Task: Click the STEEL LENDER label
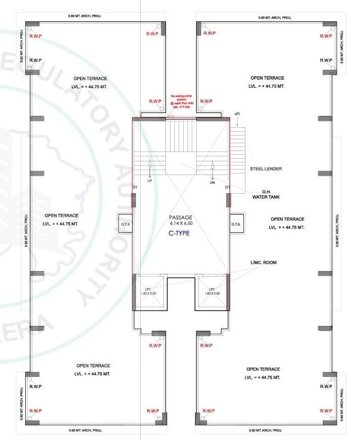pyautogui.click(x=266, y=169)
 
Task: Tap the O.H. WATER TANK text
pyautogui.click(x=266, y=194)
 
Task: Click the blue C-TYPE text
pyautogui.click(x=179, y=233)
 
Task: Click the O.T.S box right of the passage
pyautogui.click(x=236, y=223)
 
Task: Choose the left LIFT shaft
pyautogui.click(x=148, y=292)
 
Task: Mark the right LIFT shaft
pyautogui.click(x=211, y=292)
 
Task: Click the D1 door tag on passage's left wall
pyautogui.click(x=134, y=187)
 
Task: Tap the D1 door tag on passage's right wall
pyautogui.click(x=227, y=187)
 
